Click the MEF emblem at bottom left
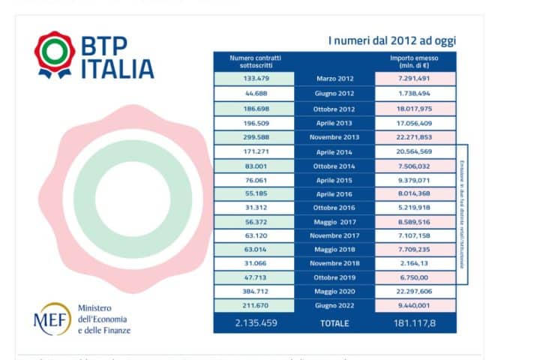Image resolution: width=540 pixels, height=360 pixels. pos(52,319)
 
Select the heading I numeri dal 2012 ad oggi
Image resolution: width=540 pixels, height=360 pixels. pos(392,40)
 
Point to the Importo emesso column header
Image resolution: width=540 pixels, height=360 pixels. pos(414,61)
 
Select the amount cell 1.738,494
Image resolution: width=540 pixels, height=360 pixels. pos(415,93)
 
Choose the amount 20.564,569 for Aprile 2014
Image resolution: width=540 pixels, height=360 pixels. pos(415,151)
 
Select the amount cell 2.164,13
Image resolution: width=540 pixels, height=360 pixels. pos(415,263)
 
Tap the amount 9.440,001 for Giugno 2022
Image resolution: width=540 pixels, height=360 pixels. pos(415,306)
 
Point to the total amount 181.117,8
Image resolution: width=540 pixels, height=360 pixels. pos(415,324)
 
